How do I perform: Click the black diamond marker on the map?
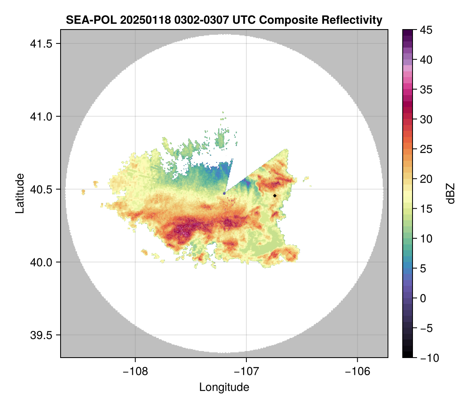tap(275, 196)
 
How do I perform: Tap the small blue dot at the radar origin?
tap(224, 193)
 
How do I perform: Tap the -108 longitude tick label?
tap(135, 371)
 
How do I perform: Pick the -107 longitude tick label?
tap(246, 371)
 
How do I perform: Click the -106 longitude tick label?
tap(358, 371)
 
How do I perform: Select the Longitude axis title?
tap(224, 387)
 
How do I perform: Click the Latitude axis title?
tap(19, 193)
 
